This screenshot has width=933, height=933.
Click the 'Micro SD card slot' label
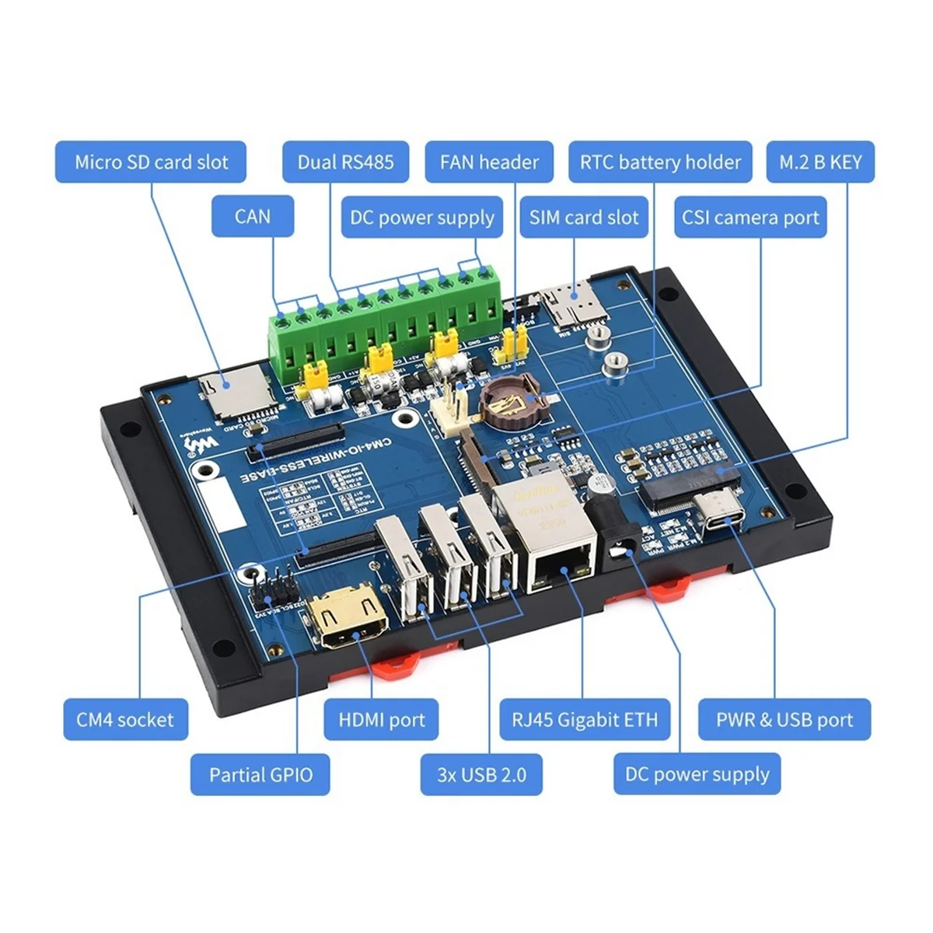(x=151, y=162)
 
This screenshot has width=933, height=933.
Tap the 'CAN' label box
(x=253, y=215)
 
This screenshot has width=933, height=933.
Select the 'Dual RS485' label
(x=345, y=162)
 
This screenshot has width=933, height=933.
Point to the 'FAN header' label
(x=489, y=162)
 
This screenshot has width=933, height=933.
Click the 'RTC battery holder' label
(x=660, y=162)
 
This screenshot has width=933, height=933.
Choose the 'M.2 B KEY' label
(x=820, y=162)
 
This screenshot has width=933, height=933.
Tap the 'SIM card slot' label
(x=584, y=217)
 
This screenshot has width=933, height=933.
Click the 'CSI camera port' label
(x=750, y=217)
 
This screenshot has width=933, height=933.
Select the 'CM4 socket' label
(x=125, y=719)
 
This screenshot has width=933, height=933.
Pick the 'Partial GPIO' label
(x=260, y=774)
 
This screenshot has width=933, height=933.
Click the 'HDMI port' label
(x=382, y=719)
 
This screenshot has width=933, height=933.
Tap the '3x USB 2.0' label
(x=481, y=774)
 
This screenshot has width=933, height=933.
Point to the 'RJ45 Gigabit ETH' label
(x=584, y=719)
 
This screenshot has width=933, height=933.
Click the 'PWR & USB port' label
(x=784, y=719)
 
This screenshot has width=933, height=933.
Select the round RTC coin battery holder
(x=509, y=401)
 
